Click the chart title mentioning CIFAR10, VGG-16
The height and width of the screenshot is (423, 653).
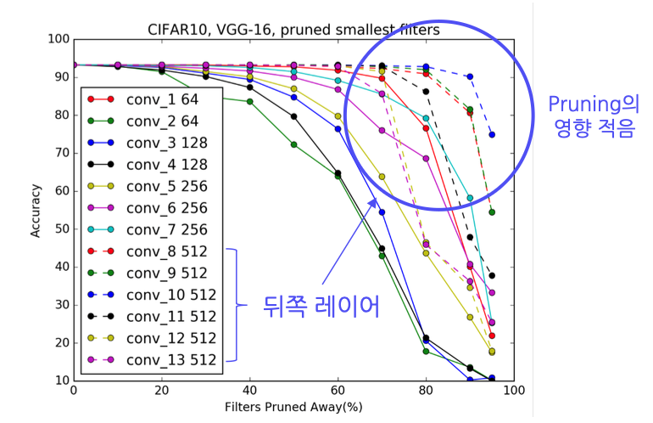[x=293, y=30]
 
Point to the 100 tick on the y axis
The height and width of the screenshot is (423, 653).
[x=59, y=39]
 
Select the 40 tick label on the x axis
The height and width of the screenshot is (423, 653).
[x=249, y=390]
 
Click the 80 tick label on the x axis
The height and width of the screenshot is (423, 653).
[x=426, y=390]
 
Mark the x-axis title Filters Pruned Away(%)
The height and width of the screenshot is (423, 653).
[x=293, y=407]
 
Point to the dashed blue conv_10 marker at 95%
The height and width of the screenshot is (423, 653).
[x=492, y=134]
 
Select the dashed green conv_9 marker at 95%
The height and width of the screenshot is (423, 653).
[x=492, y=211]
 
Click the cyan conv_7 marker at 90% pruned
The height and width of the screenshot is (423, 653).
[x=470, y=198]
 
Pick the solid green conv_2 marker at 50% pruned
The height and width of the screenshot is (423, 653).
[x=293, y=144]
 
